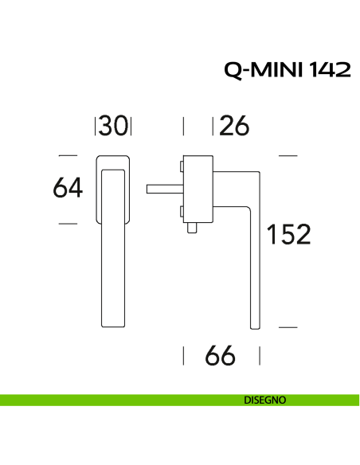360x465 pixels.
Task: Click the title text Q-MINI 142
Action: (x=287, y=70)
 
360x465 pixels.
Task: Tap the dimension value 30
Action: (x=114, y=126)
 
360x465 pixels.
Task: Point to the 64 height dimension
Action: (x=68, y=188)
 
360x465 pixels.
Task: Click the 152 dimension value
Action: (x=288, y=235)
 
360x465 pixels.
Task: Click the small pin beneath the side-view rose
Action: (x=192, y=229)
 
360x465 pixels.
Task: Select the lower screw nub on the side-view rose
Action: (x=182, y=211)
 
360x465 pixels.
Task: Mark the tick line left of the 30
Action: (x=96, y=126)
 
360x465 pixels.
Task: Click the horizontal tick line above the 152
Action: (x=288, y=154)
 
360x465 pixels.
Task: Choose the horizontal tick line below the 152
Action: (x=288, y=326)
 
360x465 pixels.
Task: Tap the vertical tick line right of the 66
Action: (x=258, y=356)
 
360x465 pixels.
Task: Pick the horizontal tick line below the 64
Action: (x=68, y=224)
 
